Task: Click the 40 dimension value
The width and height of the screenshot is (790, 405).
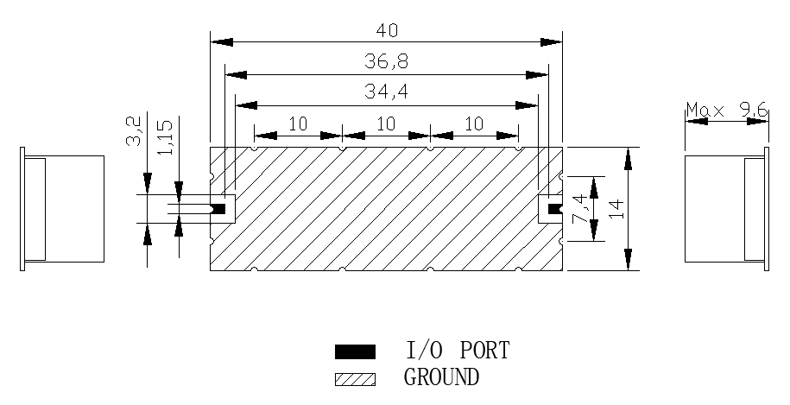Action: (x=387, y=30)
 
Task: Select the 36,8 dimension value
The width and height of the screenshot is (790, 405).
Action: (x=386, y=61)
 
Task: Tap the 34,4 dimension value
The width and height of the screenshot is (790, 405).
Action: (x=386, y=91)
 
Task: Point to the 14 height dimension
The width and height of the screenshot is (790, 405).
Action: (x=616, y=209)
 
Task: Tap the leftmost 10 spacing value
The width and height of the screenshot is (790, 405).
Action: (x=298, y=124)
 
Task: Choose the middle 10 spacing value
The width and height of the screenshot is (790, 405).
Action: (x=386, y=124)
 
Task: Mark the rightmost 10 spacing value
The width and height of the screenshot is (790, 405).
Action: (x=474, y=124)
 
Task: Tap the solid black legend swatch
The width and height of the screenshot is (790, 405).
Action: (x=355, y=351)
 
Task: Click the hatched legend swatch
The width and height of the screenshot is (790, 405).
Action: (x=355, y=378)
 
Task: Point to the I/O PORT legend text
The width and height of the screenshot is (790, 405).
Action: (x=458, y=351)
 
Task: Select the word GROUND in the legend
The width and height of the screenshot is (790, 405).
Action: (x=441, y=377)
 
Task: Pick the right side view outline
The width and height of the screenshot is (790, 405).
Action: (x=725, y=209)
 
